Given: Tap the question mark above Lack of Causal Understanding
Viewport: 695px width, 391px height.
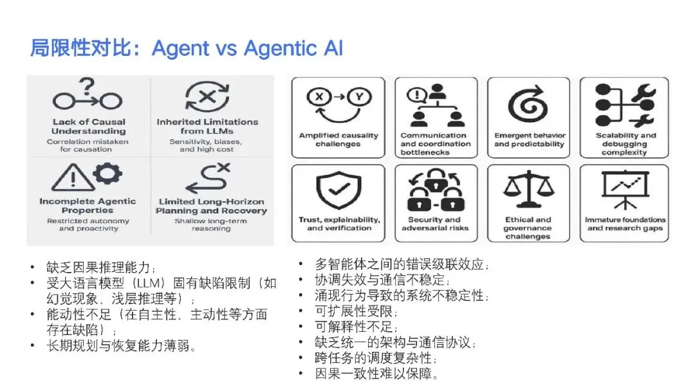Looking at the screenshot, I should [x=88, y=86].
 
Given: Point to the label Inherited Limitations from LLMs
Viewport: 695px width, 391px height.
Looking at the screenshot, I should [x=207, y=127].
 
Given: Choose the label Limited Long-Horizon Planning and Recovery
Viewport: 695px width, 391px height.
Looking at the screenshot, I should [x=212, y=206].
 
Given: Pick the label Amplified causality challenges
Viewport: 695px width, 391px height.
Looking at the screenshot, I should [x=338, y=140].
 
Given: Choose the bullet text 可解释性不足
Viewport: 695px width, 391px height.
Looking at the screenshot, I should [x=351, y=327].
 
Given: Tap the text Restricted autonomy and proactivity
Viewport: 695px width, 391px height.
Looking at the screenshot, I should [x=88, y=224].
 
